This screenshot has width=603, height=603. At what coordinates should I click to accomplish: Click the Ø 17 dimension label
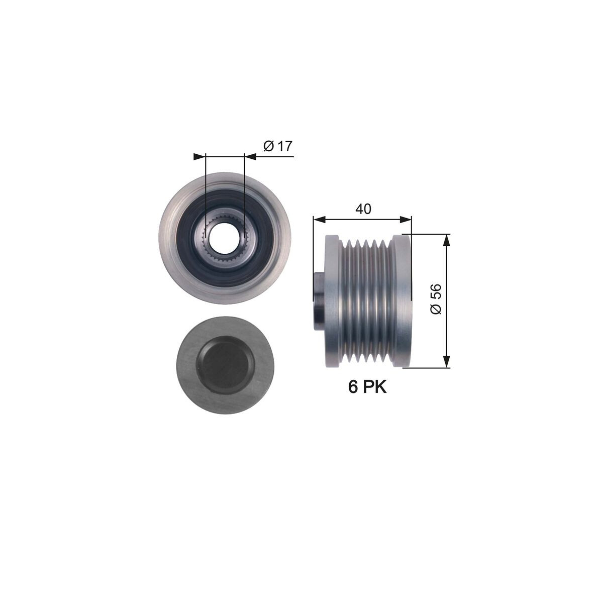click(277, 146)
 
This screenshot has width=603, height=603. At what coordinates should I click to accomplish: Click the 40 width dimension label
click(363, 209)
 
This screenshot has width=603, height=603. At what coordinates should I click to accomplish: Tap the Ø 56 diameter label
click(436, 299)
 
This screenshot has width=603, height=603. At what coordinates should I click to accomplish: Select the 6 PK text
click(367, 387)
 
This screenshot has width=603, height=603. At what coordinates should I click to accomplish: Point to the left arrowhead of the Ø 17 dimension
click(199, 157)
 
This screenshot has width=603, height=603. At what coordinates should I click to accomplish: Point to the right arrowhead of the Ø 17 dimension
click(250, 157)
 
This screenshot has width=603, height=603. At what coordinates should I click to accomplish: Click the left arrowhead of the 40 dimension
click(319, 220)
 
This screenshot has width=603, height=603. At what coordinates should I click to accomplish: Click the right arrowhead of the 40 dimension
click(405, 220)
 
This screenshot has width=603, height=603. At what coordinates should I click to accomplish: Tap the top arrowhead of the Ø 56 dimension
click(447, 240)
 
